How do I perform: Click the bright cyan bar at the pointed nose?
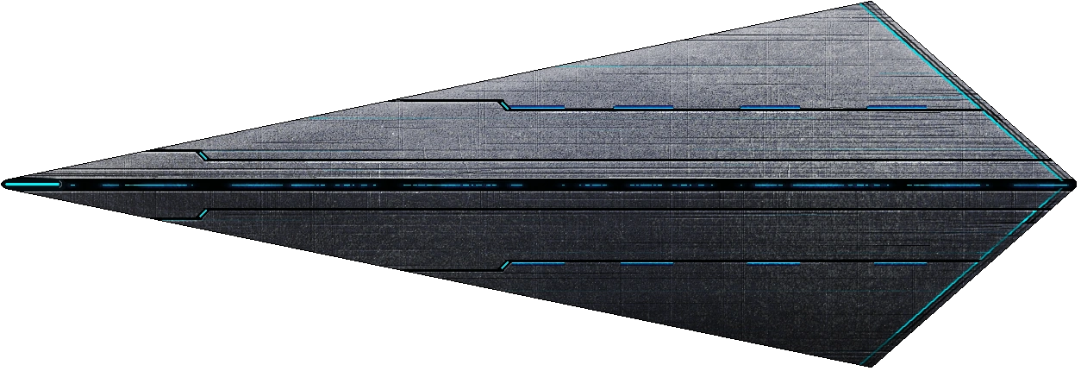(x=33, y=184)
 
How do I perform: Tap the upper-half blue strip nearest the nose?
(x=537, y=108)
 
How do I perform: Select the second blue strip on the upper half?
(x=643, y=108)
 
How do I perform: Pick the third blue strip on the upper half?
(x=770, y=108)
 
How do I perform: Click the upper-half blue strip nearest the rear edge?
(x=897, y=108)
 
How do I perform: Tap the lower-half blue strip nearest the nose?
(x=537, y=263)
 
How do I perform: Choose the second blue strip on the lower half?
(x=647, y=263)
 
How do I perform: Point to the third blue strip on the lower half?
(x=773, y=263)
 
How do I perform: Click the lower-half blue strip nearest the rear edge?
(x=900, y=263)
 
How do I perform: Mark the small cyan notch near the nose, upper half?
(x=202, y=155)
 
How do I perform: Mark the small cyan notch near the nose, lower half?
(x=202, y=212)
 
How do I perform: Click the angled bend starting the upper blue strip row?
(x=503, y=105)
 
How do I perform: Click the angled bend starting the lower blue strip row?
(x=507, y=265)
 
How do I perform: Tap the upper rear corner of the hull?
(x=862, y=4)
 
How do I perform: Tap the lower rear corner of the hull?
(x=862, y=364)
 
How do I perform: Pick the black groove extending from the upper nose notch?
(x=603, y=160)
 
